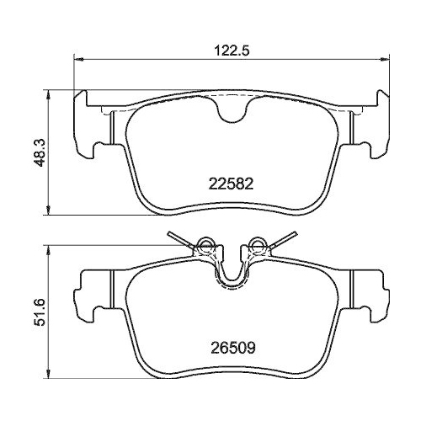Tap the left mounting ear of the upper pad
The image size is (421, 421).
[x=91, y=126]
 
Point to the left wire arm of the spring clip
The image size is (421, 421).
[x=179, y=238]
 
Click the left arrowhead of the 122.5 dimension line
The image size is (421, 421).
[x=79, y=58]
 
